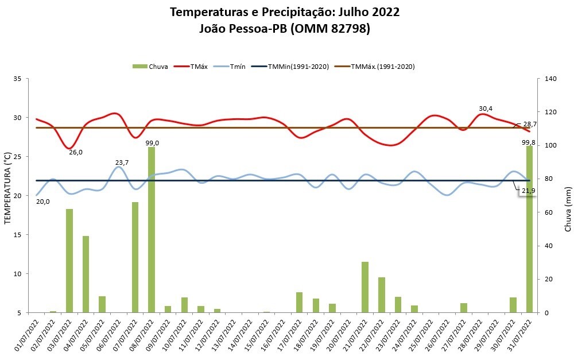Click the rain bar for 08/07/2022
[152, 230]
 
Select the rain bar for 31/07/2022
[529, 229]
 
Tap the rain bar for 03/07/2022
[69, 261]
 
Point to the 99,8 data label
[529, 142]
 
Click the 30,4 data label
[486, 109]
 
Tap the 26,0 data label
[76, 152]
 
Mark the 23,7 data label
[122, 162]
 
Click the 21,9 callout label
[528, 190]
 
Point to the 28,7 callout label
[530, 124]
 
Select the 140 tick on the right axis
[550, 79]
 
